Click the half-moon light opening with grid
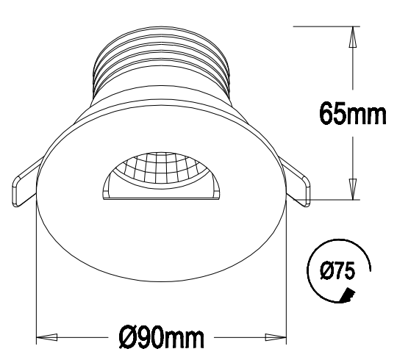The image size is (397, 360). (161, 175)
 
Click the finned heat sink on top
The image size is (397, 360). (161, 62)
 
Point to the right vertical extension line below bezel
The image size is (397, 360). (287, 279)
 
